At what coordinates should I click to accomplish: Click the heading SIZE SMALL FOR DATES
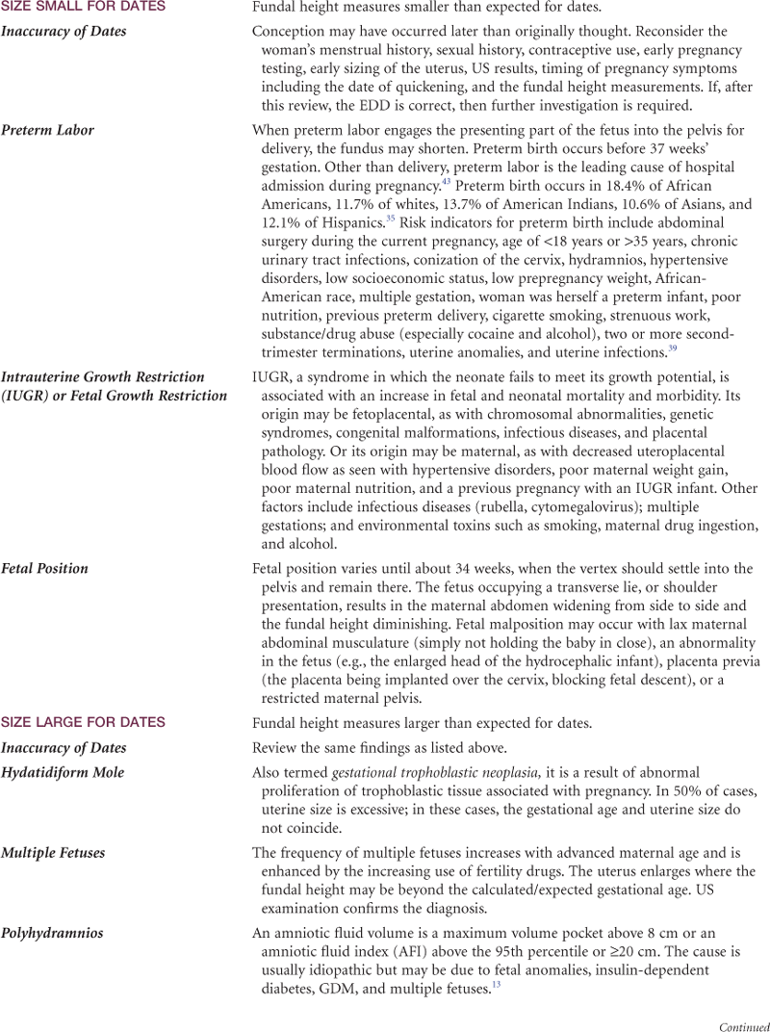tap(83, 7)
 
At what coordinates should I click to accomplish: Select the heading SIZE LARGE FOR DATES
tap(83, 722)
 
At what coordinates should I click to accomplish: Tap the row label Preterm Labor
tap(48, 130)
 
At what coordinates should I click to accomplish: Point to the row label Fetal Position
tap(45, 568)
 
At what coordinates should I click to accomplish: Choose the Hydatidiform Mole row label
tap(63, 772)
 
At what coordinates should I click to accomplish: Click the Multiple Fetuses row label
tap(53, 853)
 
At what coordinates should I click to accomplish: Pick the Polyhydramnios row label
tap(52, 933)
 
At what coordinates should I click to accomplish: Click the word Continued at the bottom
tap(744, 1026)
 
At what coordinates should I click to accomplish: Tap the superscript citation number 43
tap(447, 181)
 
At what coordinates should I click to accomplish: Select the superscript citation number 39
tap(672, 348)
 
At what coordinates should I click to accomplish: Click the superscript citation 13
tap(496, 984)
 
